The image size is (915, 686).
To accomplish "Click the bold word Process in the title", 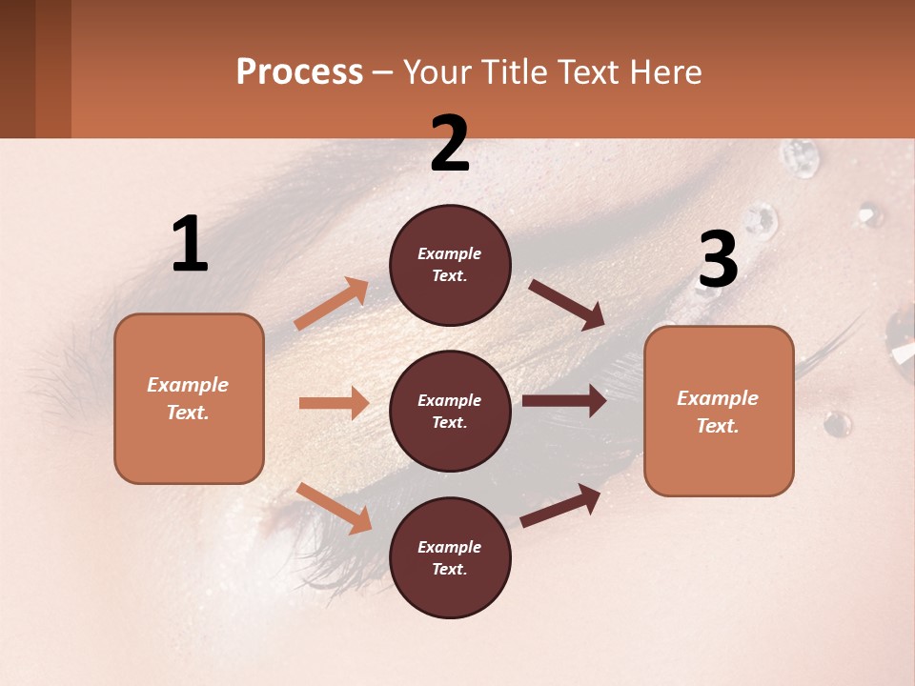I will (x=299, y=71).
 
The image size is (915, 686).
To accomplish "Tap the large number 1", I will (x=190, y=244).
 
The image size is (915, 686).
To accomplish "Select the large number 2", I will (x=450, y=144).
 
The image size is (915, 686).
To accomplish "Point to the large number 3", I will (x=718, y=259).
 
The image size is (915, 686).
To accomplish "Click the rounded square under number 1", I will (x=189, y=398).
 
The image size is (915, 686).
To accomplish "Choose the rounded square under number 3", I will (x=719, y=411).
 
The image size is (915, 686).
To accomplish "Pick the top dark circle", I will (x=450, y=265).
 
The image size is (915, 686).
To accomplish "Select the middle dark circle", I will (x=450, y=411).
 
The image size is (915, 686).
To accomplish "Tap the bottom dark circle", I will (x=450, y=557).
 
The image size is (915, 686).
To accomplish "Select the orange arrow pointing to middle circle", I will (x=334, y=403).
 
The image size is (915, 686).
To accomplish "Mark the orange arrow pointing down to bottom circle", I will (x=334, y=508).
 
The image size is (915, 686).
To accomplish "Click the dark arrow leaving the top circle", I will (x=568, y=305).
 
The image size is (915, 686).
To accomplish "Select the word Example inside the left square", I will (x=188, y=385).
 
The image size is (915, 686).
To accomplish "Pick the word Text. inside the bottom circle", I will (x=450, y=569).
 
